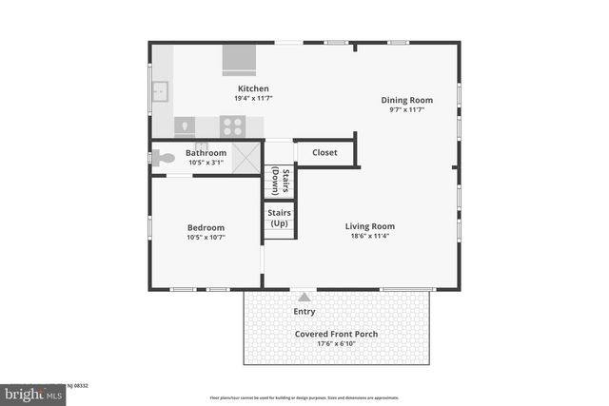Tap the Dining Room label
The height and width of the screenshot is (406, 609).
click(406, 100)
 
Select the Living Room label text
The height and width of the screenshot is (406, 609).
click(369, 226)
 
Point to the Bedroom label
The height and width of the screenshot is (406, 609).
click(206, 227)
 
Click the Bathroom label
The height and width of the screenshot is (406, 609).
click(206, 153)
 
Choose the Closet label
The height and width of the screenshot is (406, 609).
click(324, 152)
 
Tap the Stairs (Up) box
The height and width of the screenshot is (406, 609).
click(279, 219)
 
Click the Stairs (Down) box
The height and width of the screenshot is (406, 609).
click(279, 180)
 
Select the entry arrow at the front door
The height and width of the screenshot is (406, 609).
click(304, 297)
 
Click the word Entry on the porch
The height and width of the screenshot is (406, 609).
click(304, 311)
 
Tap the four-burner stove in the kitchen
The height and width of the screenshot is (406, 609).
click(232, 126)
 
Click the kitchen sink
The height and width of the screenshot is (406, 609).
click(161, 92)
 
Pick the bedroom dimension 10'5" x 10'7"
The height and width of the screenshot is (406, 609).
click(206, 237)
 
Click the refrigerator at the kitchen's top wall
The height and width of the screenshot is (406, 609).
click(239, 60)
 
